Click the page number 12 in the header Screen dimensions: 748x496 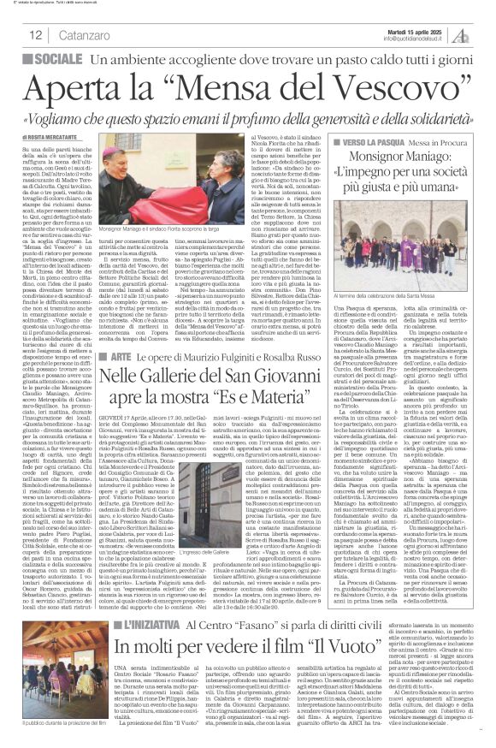(36, 35)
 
